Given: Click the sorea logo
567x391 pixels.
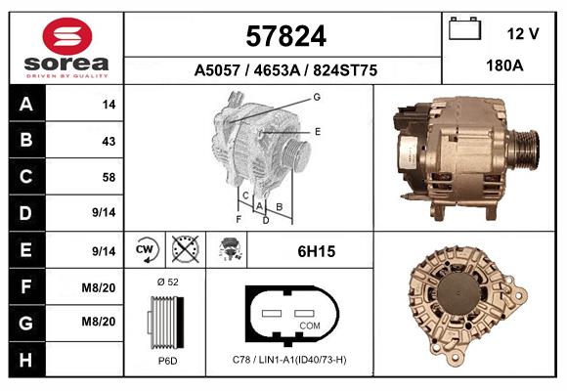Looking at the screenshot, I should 65,48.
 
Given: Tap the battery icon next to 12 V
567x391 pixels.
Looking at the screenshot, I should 463,29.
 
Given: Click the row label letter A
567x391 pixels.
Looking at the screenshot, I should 25,105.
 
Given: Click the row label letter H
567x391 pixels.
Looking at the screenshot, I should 25,360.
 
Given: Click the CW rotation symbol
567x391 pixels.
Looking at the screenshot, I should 146,250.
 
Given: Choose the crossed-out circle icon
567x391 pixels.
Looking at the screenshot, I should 184,250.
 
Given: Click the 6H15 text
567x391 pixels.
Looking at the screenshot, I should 317,251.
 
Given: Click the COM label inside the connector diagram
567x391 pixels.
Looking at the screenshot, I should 309,326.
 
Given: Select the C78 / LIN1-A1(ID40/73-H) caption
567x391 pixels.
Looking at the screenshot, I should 289,360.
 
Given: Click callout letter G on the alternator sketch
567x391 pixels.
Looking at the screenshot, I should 317,97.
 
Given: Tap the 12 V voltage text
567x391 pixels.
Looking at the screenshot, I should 523,33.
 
